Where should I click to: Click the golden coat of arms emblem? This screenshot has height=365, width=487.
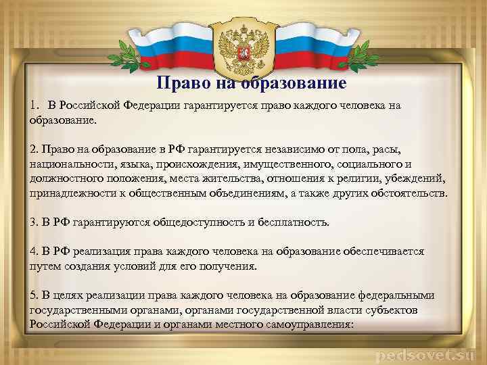pyautogui.click(x=243, y=43)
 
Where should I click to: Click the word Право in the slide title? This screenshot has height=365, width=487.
pyautogui.click(x=179, y=84)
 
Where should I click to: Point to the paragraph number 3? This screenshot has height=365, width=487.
pyautogui.click(x=33, y=222)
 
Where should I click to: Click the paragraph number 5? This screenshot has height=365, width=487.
pyautogui.click(x=33, y=295)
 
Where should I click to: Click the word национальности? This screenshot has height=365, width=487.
pyautogui.click(x=67, y=164)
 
